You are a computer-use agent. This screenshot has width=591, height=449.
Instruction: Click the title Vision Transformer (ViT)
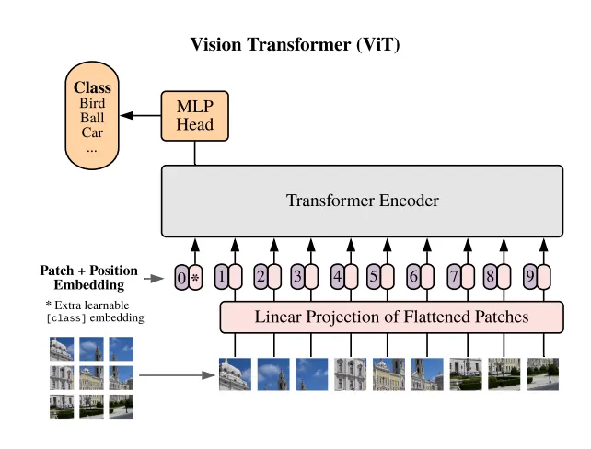(295, 44)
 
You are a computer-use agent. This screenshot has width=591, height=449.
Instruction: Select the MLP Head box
(194, 116)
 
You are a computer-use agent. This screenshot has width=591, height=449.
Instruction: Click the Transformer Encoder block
(362, 201)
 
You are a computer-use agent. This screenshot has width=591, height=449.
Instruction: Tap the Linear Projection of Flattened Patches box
(390, 317)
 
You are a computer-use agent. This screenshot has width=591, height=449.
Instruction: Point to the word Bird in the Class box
(92, 103)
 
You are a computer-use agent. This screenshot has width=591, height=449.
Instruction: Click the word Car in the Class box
(92, 132)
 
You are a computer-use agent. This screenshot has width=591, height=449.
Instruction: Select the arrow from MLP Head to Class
(140, 116)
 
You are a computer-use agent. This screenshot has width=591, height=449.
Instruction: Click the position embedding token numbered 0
(181, 276)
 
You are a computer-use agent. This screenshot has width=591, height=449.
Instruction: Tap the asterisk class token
(195, 276)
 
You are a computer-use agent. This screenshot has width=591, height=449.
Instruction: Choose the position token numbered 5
(374, 275)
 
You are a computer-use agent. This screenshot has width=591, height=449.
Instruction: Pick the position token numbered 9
(529, 275)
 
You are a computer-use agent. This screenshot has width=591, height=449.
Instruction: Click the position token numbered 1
(221, 275)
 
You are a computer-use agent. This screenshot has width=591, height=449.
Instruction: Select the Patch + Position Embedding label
(88, 277)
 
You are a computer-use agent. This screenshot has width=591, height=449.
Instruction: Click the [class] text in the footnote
(66, 317)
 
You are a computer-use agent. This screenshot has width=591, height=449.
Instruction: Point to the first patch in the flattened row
(235, 374)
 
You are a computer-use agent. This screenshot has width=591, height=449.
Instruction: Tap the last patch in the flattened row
(542, 374)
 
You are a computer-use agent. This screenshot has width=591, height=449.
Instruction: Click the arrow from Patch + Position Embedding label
(154, 277)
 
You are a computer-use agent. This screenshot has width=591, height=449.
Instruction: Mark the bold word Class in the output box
(92, 88)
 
